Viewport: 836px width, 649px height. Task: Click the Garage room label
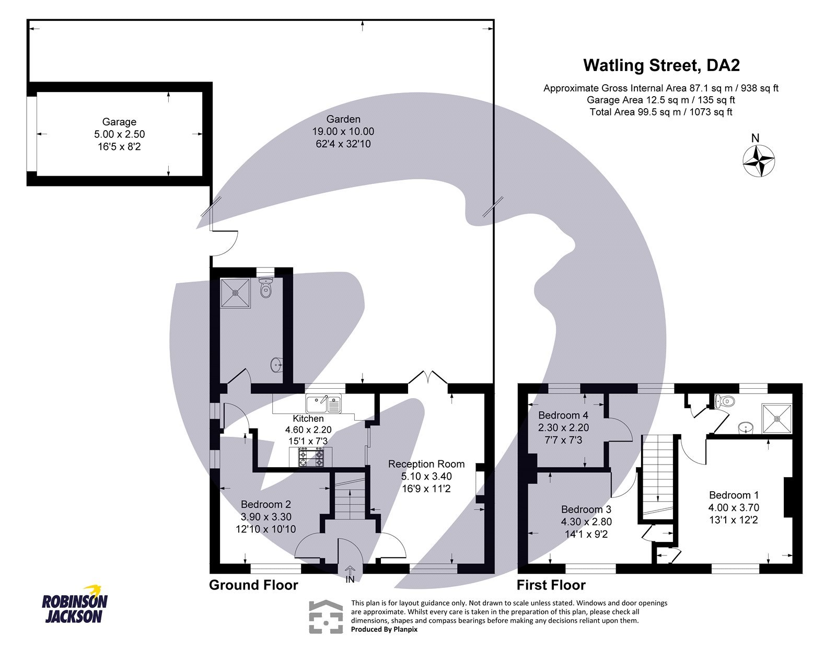[x=119, y=122]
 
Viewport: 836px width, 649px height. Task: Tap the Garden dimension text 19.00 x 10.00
[x=343, y=132]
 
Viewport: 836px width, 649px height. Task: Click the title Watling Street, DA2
[x=661, y=65]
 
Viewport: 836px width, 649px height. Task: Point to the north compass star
[x=759, y=160]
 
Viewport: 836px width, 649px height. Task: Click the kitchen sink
[x=323, y=403]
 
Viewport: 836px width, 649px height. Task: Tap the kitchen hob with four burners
[x=311, y=458]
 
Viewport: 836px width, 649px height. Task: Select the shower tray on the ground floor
[x=235, y=293]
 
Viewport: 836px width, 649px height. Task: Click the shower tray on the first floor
[x=777, y=418]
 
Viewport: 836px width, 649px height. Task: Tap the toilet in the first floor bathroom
[x=725, y=402]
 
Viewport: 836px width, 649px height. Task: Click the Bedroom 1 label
[x=734, y=495]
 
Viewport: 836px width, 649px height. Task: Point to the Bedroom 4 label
[x=563, y=415]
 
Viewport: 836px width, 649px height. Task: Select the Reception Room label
[x=426, y=464]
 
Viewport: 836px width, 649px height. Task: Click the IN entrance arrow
[x=350, y=573]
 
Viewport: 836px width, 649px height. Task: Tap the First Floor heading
[x=551, y=585]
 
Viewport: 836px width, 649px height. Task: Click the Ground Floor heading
[x=253, y=585]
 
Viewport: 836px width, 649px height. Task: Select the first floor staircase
[x=657, y=476]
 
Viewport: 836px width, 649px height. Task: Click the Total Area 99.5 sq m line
[x=660, y=112]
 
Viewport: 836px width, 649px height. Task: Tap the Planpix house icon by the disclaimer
[x=327, y=617]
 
